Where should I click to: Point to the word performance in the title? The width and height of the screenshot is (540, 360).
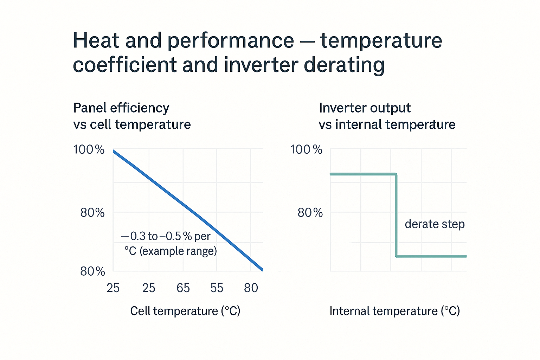[x=230, y=41]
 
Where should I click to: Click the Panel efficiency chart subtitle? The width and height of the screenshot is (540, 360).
[x=131, y=116]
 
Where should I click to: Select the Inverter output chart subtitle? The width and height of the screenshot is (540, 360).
[x=387, y=116]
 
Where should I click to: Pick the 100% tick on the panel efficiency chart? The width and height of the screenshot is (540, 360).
[x=89, y=150]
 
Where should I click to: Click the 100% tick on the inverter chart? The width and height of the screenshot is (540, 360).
[x=306, y=150]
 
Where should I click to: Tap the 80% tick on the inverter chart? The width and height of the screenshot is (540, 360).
[x=310, y=213]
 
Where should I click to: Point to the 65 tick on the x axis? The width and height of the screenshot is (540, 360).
[x=183, y=288]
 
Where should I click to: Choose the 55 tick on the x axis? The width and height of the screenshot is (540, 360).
[x=217, y=288]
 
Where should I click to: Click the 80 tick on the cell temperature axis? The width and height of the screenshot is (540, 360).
[x=251, y=288]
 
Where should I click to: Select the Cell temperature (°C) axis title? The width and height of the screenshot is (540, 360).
[x=185, y=311]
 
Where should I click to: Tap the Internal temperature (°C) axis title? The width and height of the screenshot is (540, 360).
[x=394, y=311]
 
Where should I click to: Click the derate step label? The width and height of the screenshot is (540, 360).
[x=435, y=224]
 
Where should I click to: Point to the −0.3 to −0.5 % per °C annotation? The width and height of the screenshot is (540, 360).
[x=168, y=243]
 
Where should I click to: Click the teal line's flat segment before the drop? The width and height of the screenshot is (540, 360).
[x=362, y=174]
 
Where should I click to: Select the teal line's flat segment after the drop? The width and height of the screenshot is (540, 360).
[x=432, y=256]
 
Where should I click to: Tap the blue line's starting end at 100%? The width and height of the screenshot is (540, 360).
[x=114, y=151]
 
